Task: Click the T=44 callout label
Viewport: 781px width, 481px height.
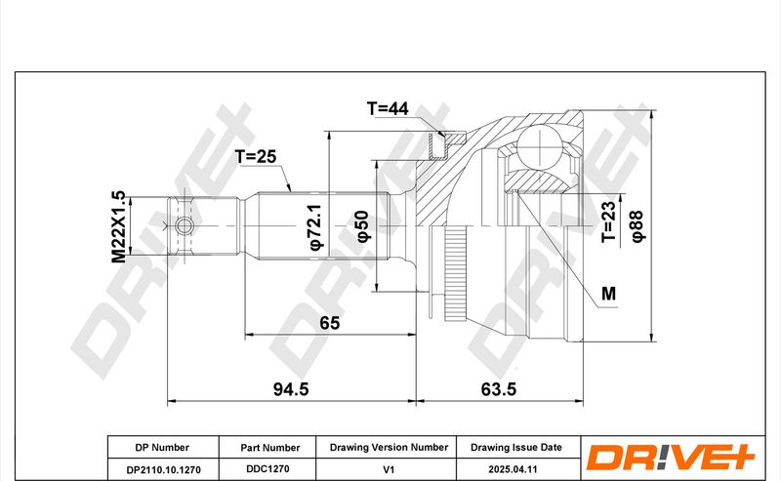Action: tap(388, 108)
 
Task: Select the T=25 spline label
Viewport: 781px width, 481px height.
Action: tap(256, 156)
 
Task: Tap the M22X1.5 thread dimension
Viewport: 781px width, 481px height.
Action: tap(118, 226)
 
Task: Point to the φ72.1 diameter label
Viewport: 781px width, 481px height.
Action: tap(316, 226)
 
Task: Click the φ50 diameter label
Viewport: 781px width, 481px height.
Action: tap(363, 226)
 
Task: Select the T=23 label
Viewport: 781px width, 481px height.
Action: tap(608, 222)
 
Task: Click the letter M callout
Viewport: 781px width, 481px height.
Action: tap(608, 294)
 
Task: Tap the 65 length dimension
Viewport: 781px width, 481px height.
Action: tap(329, 323)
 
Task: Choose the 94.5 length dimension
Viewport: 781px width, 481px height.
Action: tap(291, 389)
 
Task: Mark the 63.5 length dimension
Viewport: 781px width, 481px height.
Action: tap(499, 389)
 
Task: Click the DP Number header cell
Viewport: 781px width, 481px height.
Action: tap(162, 448)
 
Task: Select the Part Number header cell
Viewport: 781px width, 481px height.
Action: tap(270, 448)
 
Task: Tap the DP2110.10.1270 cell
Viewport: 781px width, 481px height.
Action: tap(163, 469)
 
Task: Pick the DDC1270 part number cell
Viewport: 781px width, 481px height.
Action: tap(267, 469)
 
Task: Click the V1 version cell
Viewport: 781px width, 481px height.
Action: tap(389, 469)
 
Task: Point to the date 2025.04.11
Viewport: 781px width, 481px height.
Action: tap(513, 469)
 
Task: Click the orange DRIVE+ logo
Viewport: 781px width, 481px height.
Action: tap(671, 458)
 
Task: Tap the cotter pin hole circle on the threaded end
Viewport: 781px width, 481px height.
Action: tap(185, 226)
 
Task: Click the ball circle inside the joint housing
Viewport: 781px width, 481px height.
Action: tap(541, 146)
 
